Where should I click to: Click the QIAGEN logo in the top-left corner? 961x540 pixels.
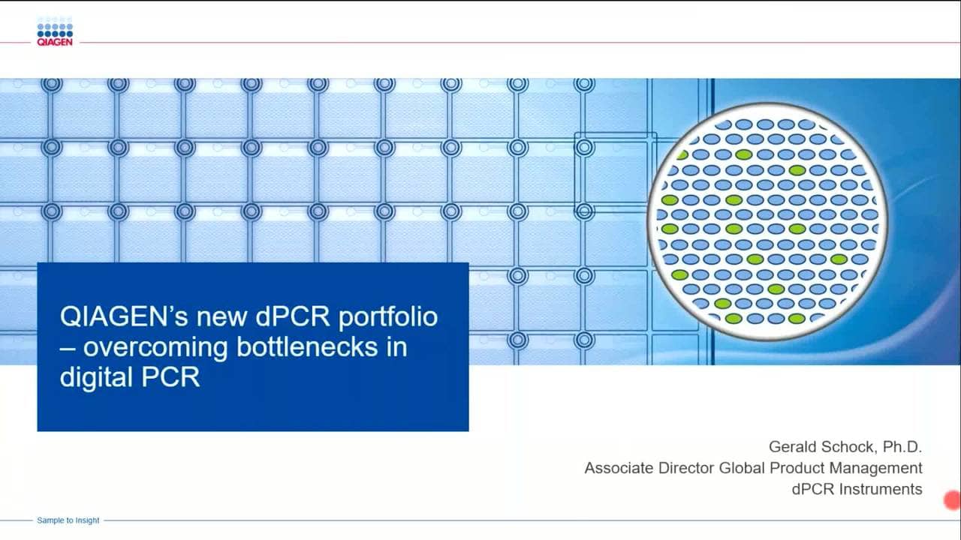[54, 34]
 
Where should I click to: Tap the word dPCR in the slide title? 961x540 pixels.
[293, 316]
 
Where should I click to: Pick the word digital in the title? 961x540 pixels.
[94, 377]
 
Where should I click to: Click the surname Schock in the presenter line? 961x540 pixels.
[847, 447]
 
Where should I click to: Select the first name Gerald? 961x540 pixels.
[794, 447]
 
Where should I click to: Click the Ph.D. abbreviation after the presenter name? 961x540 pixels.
[901, 447]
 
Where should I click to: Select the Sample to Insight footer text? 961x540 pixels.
[68, 520]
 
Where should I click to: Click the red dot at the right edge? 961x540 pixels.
[952, 500]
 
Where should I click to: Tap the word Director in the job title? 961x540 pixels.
[687, 469]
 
